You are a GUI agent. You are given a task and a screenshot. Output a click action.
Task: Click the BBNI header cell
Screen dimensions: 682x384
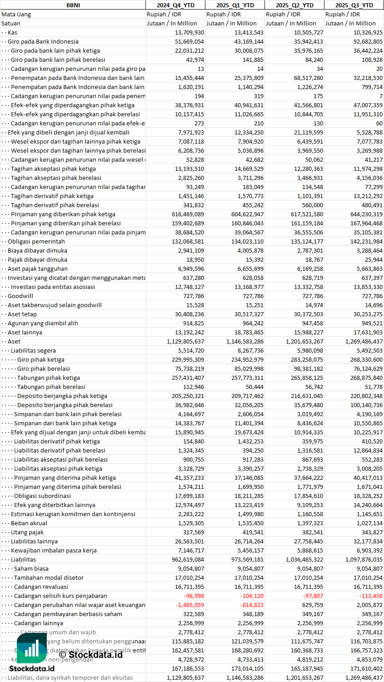click(x=73, y=5)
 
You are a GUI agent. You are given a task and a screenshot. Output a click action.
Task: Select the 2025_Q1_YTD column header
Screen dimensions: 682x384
click(x=234, y=5)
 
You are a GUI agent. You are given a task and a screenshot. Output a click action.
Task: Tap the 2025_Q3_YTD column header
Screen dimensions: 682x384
click(x=354, y=5)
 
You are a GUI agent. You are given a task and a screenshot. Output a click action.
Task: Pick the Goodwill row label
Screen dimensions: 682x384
click(x=20, y=296)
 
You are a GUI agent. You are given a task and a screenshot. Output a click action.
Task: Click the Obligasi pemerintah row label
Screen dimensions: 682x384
click(x=36, y=241)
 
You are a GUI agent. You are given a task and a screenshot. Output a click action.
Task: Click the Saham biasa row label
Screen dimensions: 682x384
click(x=31, y=568)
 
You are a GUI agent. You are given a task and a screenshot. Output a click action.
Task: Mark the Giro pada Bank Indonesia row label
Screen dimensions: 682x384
click(x=43, y=41)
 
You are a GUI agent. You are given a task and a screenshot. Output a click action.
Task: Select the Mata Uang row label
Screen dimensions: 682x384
click(x=16, y=14)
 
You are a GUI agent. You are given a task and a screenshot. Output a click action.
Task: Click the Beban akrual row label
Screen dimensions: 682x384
click(x=29, y=523)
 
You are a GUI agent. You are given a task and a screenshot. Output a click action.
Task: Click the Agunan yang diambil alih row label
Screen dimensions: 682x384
click(x=43, y=323)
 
